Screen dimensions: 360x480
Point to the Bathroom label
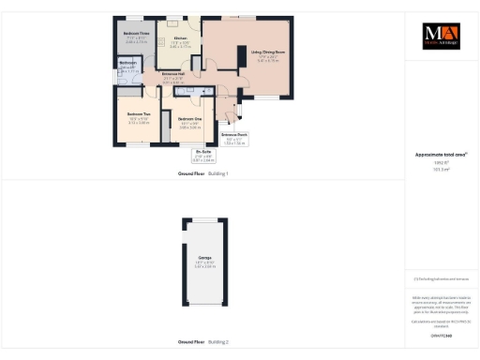pyautogui.click(x=127, y=63)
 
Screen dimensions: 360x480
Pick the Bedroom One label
pyautogui.click(x=191, y=119)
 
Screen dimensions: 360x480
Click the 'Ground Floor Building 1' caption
pyautogui.click(x=203, y=174)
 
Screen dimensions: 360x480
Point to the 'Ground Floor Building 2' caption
pyautogui.click(x=203, y=342)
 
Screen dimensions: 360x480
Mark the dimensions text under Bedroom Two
pyautogui.click(x=139, y=122)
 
